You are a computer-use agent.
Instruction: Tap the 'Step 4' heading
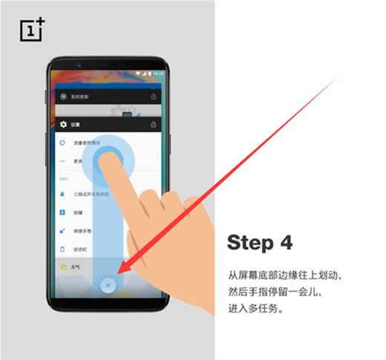(x=260, y=243)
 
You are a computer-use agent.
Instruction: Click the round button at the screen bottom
(x=109, y=286)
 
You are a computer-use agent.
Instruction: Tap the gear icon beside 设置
(x=64, y=124)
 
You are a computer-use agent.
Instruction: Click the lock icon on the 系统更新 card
(x=154, y=96)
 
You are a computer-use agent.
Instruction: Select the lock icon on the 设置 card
(x=154, y=124)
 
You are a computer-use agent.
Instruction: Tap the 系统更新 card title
(x=79, y=97)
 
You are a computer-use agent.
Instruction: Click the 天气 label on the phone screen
(x=75, y=265)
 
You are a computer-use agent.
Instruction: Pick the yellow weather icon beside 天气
(x=62, y=265)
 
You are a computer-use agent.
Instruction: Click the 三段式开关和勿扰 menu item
(x=91, y=194)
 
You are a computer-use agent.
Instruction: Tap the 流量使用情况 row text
(x=88, y=142)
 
